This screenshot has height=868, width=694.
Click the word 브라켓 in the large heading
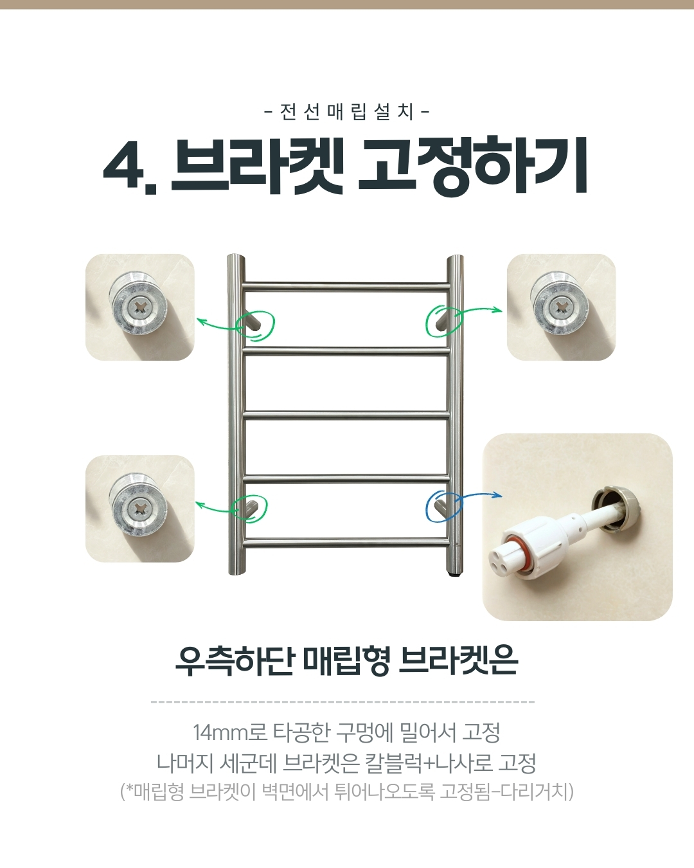tap(257, 165)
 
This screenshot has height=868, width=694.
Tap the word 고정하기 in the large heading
tap(472, 165)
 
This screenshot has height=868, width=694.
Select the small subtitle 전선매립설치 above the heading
tap(347, 112)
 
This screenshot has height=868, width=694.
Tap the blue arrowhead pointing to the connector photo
tap(497, 495)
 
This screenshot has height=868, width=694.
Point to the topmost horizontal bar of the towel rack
tap(346, 286)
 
